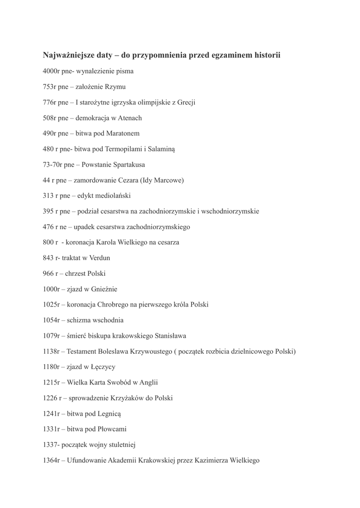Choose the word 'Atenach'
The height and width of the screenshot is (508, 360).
(x=130, y=118)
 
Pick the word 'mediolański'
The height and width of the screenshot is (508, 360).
(x=117, y=196)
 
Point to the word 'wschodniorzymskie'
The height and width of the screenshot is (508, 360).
(x=230, y=211)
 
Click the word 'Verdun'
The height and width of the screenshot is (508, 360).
(x=99, y=258)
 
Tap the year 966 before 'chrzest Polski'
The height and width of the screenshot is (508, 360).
(x=48, y=273)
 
